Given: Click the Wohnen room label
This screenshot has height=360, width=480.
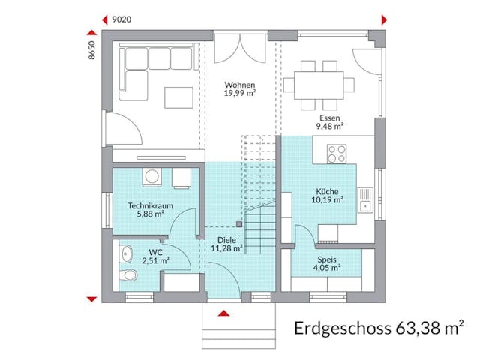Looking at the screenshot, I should [239, 85].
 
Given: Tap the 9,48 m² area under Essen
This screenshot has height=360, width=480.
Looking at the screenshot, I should [329, 127].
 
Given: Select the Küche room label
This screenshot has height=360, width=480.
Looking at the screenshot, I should [328, 191].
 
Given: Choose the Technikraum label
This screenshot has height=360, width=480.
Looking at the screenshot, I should [145, 205].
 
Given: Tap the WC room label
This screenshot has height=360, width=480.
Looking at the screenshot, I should [155, 252].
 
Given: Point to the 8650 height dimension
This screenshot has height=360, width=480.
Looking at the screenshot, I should [92, 51].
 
